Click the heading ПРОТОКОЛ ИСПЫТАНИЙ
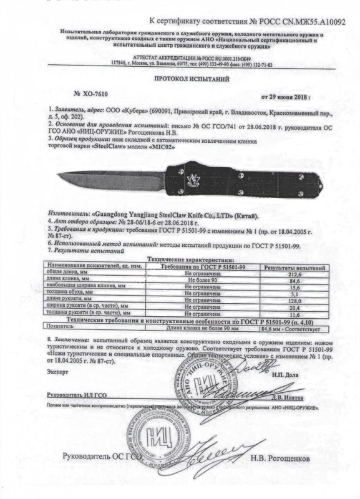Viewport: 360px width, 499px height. (x=192, y=80)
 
